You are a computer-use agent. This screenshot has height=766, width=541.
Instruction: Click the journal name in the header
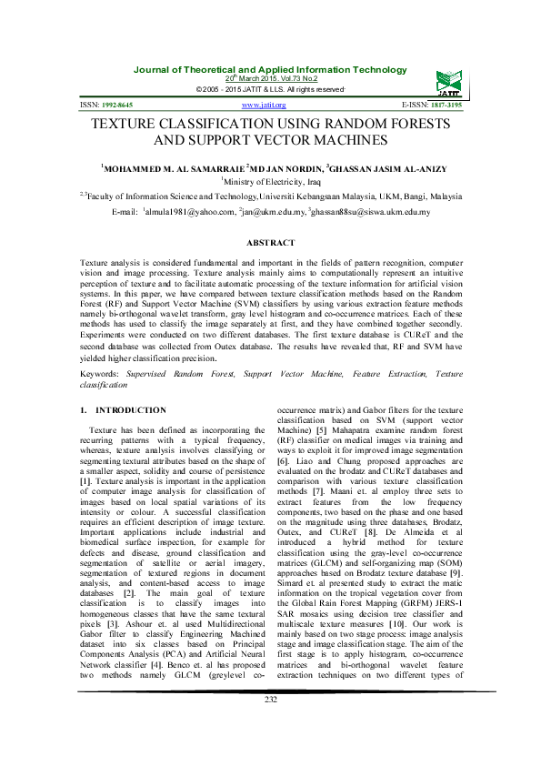pyautogui.click(x=270, y=70)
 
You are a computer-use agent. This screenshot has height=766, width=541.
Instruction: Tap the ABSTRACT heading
pyautogui.click(x=270, y=243)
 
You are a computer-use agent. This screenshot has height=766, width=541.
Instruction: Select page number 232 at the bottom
pyautogui.click(x=270, y=724)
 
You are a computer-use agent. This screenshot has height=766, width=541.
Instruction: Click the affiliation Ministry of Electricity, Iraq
pyautogui.click(x=272, y=182)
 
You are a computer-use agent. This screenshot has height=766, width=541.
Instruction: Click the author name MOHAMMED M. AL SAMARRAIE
pyautogui.click(x=163, y=168)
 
